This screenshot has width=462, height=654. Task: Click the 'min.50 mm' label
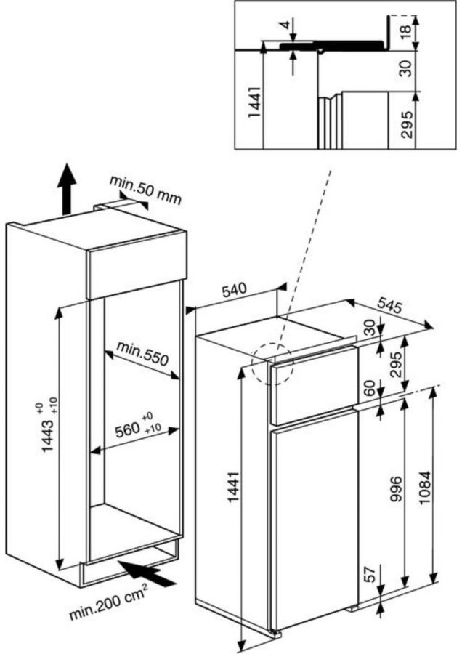click(x=145, y=188)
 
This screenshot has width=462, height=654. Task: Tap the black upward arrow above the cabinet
click(x=66, y=188)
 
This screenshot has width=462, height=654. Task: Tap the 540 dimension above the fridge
click(x=235, y=290)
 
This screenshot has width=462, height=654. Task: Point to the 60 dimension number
click(x=368, y=387)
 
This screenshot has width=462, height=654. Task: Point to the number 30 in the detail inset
click(x=406, y=69)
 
